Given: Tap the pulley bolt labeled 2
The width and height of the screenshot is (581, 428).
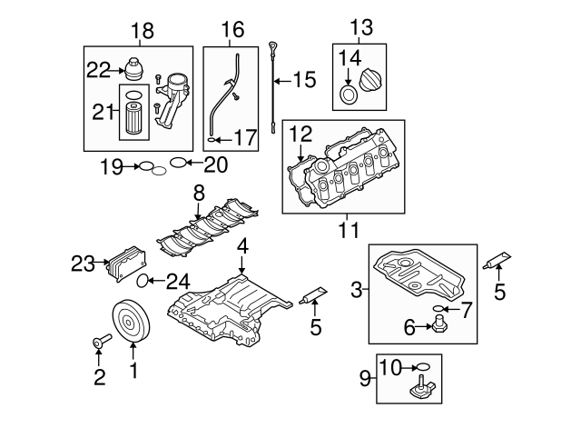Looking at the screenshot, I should [x=98, y=343].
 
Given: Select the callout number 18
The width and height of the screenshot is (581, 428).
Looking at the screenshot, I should [x=143, y=31].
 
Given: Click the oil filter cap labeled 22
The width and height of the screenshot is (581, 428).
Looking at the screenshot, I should [x=135, y=71].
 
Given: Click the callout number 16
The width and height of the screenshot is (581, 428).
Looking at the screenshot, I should [x=232, y=29].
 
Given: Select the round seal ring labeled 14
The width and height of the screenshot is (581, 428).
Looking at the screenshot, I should [x=348, y=94].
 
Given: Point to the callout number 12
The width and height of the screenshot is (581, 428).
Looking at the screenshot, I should [x=300, y=134].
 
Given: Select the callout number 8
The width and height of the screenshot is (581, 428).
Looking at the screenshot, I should [x=199, y=193].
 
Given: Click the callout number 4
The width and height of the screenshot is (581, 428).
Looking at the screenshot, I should [x=242, y=247].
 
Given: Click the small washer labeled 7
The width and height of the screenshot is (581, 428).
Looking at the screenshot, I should [x=440, y=309].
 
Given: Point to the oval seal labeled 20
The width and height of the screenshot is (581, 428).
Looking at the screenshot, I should [x=180, y=164].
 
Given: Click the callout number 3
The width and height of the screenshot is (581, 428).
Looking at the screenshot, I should [x=357, y=290].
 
